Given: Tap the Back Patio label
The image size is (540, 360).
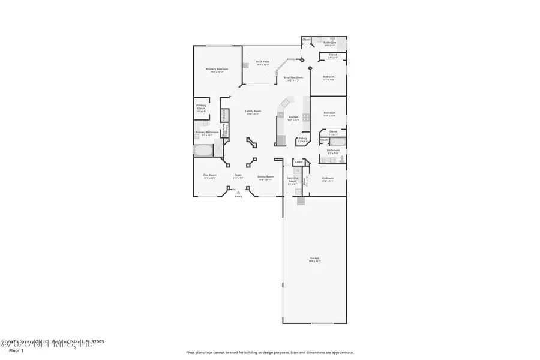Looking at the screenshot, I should coord(263,62).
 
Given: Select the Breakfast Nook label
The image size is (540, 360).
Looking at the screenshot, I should coord(293,77).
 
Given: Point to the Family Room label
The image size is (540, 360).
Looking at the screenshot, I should coord(253,112).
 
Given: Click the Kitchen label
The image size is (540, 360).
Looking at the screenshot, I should coord(293,117).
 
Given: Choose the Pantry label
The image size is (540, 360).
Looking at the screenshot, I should coord(302,139).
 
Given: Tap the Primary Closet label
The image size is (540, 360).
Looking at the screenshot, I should coord(201,109).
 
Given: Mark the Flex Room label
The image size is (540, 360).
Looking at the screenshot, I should coord(209,176).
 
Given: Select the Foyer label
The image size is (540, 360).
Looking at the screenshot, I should coord(238,176).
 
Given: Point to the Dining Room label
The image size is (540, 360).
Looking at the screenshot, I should coord(265,176).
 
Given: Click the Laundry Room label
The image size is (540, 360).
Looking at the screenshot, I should coord(293,179).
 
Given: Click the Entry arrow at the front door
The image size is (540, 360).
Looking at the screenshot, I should coord(238,192).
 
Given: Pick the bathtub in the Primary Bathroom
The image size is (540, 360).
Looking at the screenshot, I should coord(202,149).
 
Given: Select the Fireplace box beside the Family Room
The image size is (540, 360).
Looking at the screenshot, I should coord(224,115).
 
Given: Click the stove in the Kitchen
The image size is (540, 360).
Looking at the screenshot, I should coord(306,117).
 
